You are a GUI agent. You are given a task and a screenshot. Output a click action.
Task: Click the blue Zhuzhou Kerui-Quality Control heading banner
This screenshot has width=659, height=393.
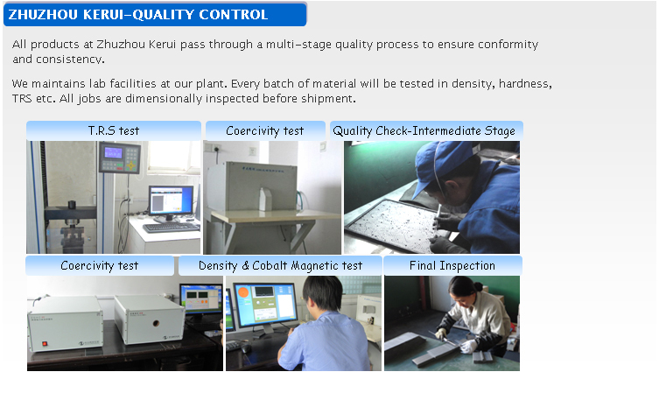point(155,14)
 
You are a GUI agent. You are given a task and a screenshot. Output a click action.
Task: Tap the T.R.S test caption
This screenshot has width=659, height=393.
point(114,130)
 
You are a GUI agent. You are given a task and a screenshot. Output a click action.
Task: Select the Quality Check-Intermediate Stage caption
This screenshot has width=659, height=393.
point(424,130)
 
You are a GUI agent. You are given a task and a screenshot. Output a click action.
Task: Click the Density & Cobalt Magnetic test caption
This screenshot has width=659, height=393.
point(280,265)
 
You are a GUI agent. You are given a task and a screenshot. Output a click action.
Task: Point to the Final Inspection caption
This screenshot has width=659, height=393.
point(452,265)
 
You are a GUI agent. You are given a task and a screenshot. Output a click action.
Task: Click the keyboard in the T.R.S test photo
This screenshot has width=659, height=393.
point(171,227)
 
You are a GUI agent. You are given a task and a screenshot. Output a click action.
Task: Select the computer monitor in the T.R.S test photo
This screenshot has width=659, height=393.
point(171,201)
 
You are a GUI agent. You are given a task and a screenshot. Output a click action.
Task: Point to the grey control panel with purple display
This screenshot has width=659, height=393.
point(120,157)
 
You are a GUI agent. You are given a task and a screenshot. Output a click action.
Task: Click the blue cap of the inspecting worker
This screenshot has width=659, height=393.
point(439,164)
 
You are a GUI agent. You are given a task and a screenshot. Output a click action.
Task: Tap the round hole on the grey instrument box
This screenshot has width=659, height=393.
point(156,323)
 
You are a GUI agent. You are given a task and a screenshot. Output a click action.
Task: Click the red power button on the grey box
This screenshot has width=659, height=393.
point(45,344)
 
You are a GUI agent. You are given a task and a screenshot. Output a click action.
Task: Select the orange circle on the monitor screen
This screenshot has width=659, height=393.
point(243,292)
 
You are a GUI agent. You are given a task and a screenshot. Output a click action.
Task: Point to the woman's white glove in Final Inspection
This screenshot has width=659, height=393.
point(467,346)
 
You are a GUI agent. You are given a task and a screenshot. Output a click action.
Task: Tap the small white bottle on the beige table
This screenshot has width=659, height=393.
point(266,199)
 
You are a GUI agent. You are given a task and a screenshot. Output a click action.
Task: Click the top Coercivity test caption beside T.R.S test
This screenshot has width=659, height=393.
point(265,130)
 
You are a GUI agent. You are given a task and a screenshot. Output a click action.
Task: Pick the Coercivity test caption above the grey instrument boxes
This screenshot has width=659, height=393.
point(99,265)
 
